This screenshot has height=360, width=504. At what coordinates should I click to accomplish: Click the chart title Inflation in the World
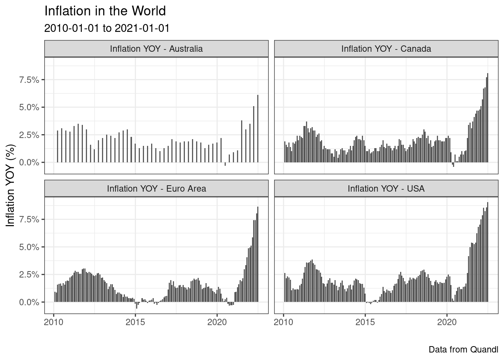(x=105, y=11)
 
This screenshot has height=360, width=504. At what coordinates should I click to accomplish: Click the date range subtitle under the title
(x=107, y=28)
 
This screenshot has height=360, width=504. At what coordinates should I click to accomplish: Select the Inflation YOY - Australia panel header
(x=156, y=49)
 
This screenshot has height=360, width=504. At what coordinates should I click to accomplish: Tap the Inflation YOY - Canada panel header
(x=386, y=49)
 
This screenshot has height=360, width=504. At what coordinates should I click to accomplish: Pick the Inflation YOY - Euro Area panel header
(x=156, y=189)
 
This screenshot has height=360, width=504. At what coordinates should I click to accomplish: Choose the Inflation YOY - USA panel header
(x=386, y=189)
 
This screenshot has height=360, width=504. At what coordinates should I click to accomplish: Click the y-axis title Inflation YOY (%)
(x=11, y=185)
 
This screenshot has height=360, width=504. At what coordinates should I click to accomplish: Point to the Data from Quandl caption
(x=463, y=349)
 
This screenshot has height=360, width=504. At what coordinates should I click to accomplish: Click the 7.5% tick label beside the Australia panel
(x=30, y=80)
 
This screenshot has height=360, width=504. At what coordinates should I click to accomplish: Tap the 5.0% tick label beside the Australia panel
(x=30, y=107)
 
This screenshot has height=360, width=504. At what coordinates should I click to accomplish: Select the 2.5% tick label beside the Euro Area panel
(x=30, y=274)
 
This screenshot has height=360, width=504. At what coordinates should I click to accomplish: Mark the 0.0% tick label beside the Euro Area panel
(x=30, y=302)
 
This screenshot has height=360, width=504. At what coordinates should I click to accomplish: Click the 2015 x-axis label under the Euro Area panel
(x=135, y=322)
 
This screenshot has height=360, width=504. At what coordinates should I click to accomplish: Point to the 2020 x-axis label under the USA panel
(x=447, y=322)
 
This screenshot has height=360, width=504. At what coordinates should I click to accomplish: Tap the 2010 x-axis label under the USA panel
(x=283, y=322)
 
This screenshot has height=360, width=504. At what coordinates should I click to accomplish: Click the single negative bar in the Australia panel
(x=225, y=164)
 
